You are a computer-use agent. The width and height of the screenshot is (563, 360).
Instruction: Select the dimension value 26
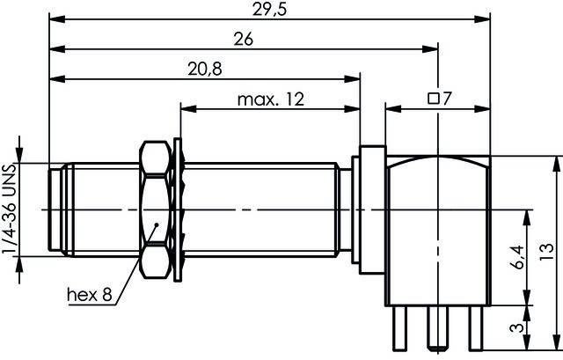coord(245,40)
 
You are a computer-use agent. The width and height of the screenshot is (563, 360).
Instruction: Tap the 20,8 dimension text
coord(203,70)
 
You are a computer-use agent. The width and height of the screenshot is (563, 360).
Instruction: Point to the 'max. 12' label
coord(270,100)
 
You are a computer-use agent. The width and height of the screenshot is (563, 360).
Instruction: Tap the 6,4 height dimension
coord(512,257)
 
